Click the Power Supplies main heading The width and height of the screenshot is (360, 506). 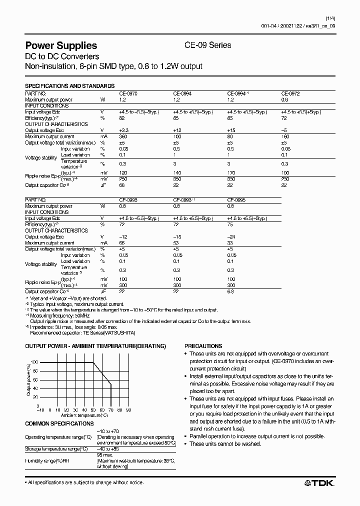(61, 45)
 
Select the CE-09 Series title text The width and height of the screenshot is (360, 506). (208, 45)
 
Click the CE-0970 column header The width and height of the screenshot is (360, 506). (127, 93)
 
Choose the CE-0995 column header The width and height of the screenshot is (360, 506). (236, 199)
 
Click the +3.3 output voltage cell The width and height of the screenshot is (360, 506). (124, 130)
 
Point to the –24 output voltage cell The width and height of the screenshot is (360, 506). (231, 236)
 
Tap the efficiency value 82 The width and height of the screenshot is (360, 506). (121, 118)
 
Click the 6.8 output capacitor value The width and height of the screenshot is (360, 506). (231, 291)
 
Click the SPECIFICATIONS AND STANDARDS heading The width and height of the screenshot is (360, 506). (70, 86)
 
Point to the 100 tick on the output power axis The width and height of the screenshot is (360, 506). (34, 362)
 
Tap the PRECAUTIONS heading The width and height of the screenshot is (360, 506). (203, 346)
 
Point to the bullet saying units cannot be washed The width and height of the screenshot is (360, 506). (225, 444)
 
